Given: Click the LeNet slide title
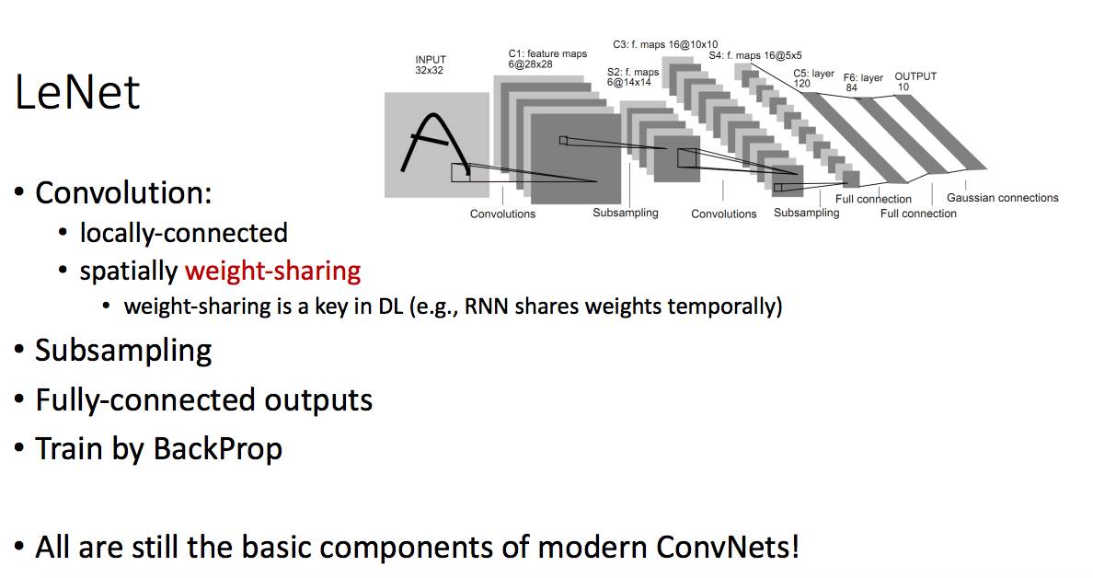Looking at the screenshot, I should coord(77,92).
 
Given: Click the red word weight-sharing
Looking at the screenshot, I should coord(272,272).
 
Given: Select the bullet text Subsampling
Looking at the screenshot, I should coord(123,350).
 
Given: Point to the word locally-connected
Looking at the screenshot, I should coord(183,233).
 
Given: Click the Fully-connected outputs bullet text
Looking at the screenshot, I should coord(203,399).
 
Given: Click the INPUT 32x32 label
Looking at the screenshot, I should coord(430,64).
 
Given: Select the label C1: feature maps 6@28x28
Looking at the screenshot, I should coord(547,60).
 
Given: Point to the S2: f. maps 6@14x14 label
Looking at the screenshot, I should coord(633,76).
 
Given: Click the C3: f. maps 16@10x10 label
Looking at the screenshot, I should coord(665,44).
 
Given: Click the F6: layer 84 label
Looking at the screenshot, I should coord(862,83).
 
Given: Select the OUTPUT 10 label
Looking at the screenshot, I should coord(915,81).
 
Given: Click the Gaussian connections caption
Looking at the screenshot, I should coord(1002,198).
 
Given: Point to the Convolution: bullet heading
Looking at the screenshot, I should coord(123,193).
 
